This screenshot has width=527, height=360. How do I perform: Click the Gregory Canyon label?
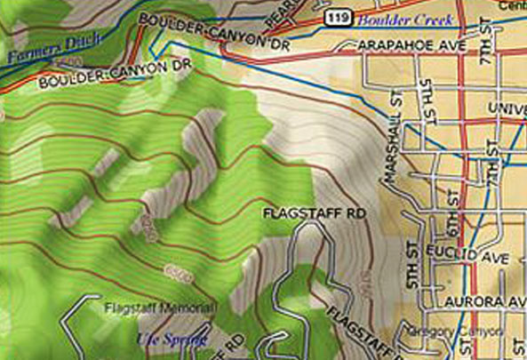point(463,332)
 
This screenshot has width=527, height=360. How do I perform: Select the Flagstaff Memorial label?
point(160,308)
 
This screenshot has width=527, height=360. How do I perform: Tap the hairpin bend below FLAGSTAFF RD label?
point(307,233)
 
